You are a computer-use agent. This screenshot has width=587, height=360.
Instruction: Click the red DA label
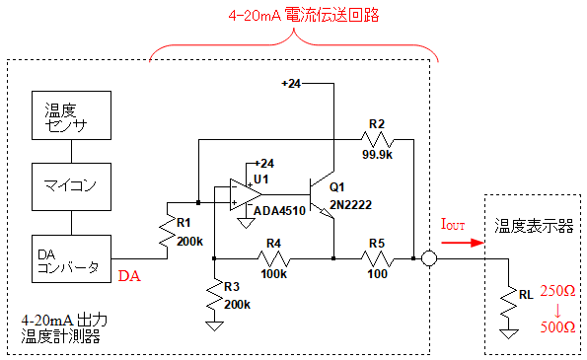pos(129,276)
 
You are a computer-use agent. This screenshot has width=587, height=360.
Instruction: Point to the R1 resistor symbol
pos(167,231)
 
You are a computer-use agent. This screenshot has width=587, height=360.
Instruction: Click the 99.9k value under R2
pos(377,155)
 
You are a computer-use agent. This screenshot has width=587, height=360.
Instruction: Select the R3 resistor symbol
pos(214,295)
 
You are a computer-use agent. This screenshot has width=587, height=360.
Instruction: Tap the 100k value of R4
pos(273,274)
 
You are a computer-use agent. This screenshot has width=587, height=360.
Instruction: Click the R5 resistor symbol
pos(377,258)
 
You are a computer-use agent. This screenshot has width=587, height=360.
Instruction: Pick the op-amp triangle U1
pos(246,194)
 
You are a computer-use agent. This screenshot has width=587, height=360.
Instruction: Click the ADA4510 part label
pos(279,211)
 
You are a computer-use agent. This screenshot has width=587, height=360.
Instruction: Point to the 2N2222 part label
pos(351,205)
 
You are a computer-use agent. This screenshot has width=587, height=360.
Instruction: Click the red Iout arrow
pos(463,243)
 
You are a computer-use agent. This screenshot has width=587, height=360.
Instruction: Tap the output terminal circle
pos(429,258)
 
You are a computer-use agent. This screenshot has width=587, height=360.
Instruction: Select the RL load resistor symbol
pos(508,303)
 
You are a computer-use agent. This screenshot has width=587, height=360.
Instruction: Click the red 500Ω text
pos(557,327)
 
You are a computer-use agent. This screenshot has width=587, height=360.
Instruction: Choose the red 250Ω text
pos(557,291)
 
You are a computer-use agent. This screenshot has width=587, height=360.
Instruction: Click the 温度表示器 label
pos(534,226)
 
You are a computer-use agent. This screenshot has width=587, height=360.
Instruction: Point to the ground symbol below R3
pos(214,325)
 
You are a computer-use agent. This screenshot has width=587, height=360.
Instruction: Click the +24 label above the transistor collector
pos(291,84)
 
